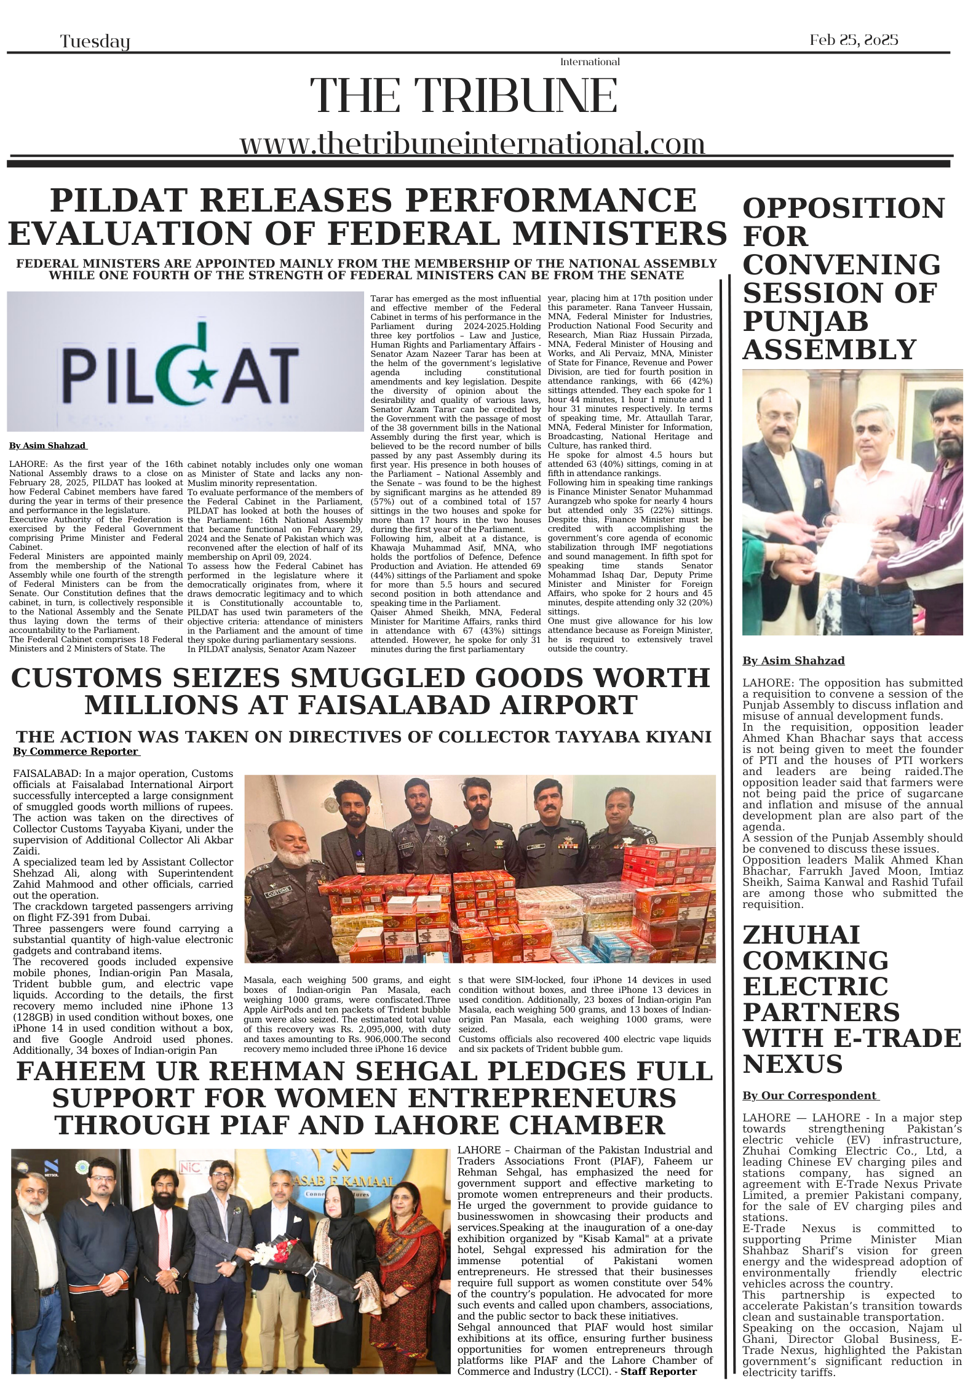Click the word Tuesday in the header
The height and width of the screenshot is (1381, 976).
[x=95, y=42]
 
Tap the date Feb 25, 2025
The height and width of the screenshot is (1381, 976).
[x=854, y=41]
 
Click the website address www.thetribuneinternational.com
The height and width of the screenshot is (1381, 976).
[x=472, y=144]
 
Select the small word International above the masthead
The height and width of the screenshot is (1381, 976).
[x=590, y=62]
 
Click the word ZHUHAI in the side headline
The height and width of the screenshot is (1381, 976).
[x=801, y=936]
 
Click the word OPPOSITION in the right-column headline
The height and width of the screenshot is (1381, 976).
[x=843, y=209]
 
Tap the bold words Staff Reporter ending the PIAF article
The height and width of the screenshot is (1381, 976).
[x=658, y=1371]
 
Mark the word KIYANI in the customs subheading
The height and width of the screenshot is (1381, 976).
[x=676, y=737]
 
